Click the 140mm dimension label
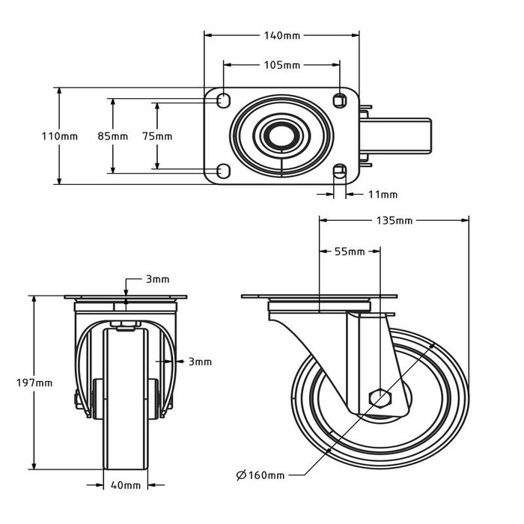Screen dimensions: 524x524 pos(281,34)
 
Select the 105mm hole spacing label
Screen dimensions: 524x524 pos(281,65)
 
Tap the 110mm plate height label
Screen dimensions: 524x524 pos(58,136)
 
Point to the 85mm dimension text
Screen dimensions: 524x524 pos(112,136)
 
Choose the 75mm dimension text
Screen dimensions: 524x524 pos(157,136)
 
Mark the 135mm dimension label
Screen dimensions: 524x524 pos(394,221)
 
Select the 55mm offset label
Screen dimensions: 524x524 pos(349,252)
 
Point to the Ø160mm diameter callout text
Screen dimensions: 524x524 pos(261,475)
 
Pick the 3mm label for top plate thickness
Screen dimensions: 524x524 pos(157,279)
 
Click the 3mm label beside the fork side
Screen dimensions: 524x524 pos(200,362)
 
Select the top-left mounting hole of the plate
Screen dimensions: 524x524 pos(222,101)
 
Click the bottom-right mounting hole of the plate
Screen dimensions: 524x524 pos(340,171)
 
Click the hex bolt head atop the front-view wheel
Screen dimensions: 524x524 pos(125,325)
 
